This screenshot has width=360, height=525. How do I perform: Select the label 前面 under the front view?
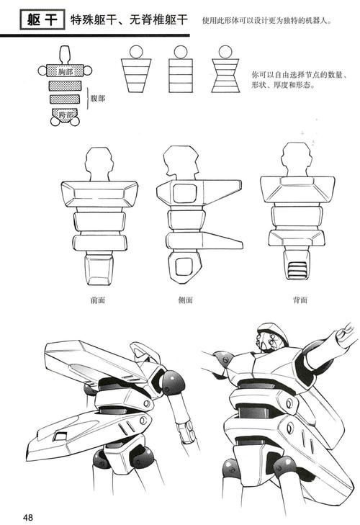pos(98,300)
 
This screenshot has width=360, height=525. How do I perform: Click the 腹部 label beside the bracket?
pos(97,97)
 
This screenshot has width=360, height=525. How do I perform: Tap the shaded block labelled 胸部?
pos(66,71)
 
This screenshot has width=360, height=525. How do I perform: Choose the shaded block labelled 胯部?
pos(66,114)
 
